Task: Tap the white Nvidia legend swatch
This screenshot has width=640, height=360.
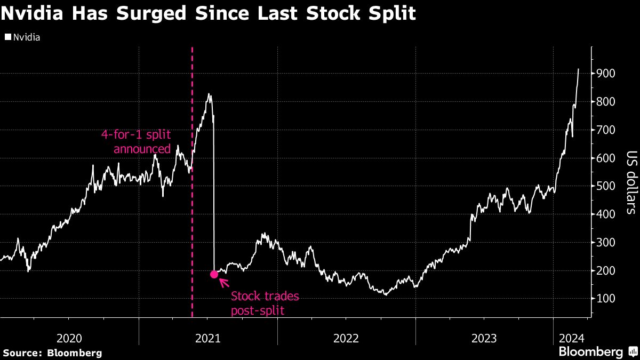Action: click(x=7, y=37)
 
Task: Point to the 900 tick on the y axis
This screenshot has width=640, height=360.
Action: click(x=606, y=74)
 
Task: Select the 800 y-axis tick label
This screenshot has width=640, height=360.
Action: click(x=606, y=102)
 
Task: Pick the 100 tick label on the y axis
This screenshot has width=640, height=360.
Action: click(x=606, y=299)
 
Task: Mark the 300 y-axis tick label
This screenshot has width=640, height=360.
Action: click(x=606, y=243)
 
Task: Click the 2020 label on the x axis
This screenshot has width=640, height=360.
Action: click(x=69, y=338)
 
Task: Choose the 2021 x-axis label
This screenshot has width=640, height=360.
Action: click(x=208, y=338)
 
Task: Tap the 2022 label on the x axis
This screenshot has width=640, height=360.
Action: click(x=347, y=338)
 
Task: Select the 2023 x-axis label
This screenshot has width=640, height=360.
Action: click(x=485, y=338)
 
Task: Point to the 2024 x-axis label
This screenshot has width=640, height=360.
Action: click(x=572, y=338)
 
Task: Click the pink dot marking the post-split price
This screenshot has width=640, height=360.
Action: click(x=214, y=274)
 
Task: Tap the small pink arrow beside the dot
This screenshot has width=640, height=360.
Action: click(x=224, y=282)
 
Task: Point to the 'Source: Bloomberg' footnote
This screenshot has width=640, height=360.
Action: click(x=52, y=353)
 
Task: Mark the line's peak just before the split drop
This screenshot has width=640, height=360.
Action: click(x=210, y=94)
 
